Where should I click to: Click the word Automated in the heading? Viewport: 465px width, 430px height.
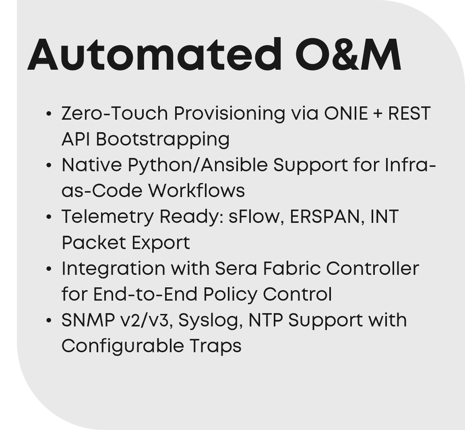pyautogui.click(x=154, y=55)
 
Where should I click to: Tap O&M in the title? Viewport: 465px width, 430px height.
pyautogui.click(x=348, y=55)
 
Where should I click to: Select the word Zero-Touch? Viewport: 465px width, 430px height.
pyautogui.click(x=115, y=113)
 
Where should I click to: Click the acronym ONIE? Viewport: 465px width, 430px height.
pyautogui.click(x=346, y=113)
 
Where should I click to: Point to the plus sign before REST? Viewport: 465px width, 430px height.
pyautogui.click(x=378, y=114)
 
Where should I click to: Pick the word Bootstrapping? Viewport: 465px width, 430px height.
pyautogui.click(x=163, y=139)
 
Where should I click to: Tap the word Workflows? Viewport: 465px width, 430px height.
pyautogui.click(x=196, y=191)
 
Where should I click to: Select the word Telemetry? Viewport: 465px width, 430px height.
pyautogui.click(x=107, y=217)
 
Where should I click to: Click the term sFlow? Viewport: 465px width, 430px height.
pyautogui.click(x=254, y=217)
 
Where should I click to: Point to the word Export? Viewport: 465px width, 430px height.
pyautogui.click(x=161, y=243)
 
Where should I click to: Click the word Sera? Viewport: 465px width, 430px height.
pyautogui.click(x=236, y=268)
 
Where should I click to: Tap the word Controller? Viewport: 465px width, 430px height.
pyautogui.click(x=372, y=268)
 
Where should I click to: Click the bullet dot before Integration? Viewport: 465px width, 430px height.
pyautogui.click(x=49, y=269)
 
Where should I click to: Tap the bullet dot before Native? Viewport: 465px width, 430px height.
pyautogui.click(x=49, y=165)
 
